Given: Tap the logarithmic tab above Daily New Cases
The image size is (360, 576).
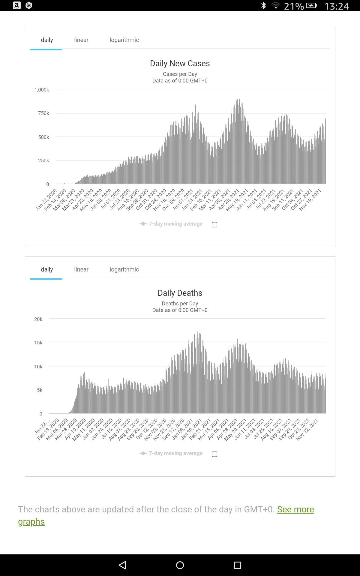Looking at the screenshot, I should [124, 40].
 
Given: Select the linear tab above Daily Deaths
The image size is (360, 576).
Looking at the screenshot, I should [81, 269].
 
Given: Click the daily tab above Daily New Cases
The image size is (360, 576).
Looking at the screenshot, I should [47, 40].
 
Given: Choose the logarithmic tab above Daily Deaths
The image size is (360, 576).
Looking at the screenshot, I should [124, 269].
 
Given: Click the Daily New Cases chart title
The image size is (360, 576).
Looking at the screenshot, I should [180, 64].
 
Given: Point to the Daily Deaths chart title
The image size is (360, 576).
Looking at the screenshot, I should [180, 293].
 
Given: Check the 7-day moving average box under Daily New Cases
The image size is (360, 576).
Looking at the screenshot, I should [214, 225].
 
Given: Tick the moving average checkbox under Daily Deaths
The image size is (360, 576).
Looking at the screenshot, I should [214, 454].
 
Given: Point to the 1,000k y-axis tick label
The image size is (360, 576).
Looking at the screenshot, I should [42, 90].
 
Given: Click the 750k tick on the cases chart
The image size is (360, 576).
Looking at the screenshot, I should [43, 113].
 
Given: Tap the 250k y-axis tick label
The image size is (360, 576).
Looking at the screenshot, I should [43, 160].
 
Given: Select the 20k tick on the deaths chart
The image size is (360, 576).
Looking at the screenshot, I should [38, 319].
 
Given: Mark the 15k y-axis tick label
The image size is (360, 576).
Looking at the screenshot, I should [38, 343].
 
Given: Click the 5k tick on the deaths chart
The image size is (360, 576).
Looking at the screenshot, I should [40, 390].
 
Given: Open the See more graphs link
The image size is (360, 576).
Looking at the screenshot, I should [295, 509].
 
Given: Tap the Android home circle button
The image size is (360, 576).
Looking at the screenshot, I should [180, 565].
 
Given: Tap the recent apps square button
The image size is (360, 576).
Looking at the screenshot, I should [238, 565].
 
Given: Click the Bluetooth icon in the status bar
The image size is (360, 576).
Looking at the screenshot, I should [264, 5].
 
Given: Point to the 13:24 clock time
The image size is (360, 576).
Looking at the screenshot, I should [337, 6].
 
